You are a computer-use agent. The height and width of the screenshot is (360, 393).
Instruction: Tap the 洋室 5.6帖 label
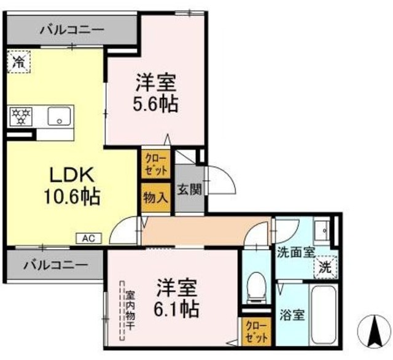pos(155,93)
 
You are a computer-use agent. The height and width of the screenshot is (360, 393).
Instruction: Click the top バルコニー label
pos(72,29)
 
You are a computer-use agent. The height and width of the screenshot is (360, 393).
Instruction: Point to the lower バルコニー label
pos(56,266)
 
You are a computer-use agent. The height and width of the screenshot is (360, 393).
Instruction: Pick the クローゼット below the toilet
pos(254,331)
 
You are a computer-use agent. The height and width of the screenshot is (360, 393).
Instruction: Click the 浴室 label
pos(291,316)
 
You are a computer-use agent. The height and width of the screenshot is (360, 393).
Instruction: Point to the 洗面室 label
pos(295,251)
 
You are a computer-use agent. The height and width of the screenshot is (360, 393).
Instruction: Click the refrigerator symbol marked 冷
pos(20,61)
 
